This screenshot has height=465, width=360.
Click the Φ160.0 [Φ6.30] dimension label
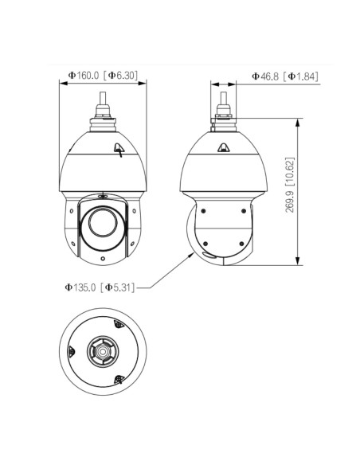pyautogui.click(x=103, y=76)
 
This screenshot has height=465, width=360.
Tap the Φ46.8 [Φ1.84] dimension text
pyautogui.click(x=284, y=76)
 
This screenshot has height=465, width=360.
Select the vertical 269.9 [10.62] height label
pyautogui.click(x=290, y=185)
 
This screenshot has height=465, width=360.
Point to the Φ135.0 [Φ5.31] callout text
pyautogui.click(x=100, y=287)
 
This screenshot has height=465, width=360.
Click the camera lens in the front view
pyautogui.click(x=103, y=223)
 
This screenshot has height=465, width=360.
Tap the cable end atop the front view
pyautogui.click(x=103, y=98)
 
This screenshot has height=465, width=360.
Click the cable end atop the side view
pyautogui.click(x=223, y=98)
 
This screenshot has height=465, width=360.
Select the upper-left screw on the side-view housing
pyautogui.click(x=203, y=211)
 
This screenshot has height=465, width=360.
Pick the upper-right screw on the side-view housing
pyautogui.click(x=244, y=211)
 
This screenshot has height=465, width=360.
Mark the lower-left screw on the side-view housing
pyautogui.click(x=205, y=244)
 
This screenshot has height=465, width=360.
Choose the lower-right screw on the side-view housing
pyautogui.click(x=241, y=244)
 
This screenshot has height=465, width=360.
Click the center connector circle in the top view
pyautogui.click(x=103, y=351)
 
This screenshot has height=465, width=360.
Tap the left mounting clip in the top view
pyautogui.click(x=71, y=351)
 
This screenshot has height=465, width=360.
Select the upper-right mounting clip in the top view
pyautogui.click(x=119, y=324)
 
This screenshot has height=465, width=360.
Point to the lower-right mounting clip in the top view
pyautogui.click(x=119, y=379)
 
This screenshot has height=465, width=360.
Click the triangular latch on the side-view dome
pyautogui.click(x=223, y=147)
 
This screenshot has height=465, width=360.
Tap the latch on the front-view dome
pyautogui.click(x=119, y=149)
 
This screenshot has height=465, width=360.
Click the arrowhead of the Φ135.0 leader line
pyautogui.click(x=192, y=255)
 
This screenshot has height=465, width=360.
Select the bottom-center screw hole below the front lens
pyautogui.click(x=103, y=258)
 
